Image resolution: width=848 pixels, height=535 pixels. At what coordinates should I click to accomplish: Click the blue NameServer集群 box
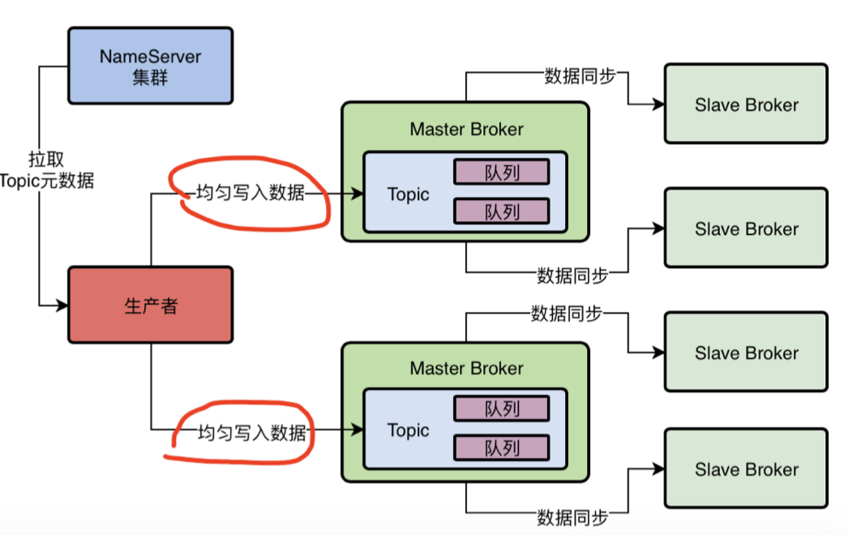150,66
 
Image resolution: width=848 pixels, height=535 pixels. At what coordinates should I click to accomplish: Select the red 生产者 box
150,305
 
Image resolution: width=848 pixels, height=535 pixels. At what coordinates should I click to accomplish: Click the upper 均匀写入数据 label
251,194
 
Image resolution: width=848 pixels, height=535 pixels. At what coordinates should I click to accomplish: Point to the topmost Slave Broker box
746,105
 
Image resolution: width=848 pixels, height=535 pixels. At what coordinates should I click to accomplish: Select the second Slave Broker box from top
746,229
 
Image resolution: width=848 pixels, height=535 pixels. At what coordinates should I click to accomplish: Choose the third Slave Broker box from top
746,353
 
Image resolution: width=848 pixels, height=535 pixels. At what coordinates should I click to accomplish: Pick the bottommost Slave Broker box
746,469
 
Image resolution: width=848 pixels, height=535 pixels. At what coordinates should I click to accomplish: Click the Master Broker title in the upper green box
466,129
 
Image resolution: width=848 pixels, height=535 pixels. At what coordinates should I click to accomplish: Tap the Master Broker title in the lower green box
466,368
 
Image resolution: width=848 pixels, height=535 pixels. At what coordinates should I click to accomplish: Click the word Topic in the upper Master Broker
409,195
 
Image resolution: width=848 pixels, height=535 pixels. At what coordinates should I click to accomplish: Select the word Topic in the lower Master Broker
409,430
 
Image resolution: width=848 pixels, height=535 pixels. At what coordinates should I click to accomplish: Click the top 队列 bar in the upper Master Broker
501,172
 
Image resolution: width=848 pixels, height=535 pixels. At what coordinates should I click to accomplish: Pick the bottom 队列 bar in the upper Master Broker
501,211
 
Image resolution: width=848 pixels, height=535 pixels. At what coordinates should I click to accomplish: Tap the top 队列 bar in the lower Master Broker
501,409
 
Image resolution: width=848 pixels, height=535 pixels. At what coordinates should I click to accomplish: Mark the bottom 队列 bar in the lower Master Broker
501,447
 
